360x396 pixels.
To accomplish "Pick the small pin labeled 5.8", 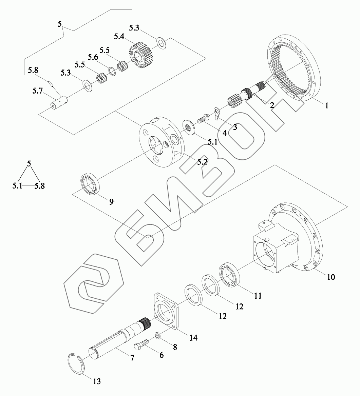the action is (x=51, y=83).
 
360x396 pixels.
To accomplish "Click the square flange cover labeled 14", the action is (x=166, y=310).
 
